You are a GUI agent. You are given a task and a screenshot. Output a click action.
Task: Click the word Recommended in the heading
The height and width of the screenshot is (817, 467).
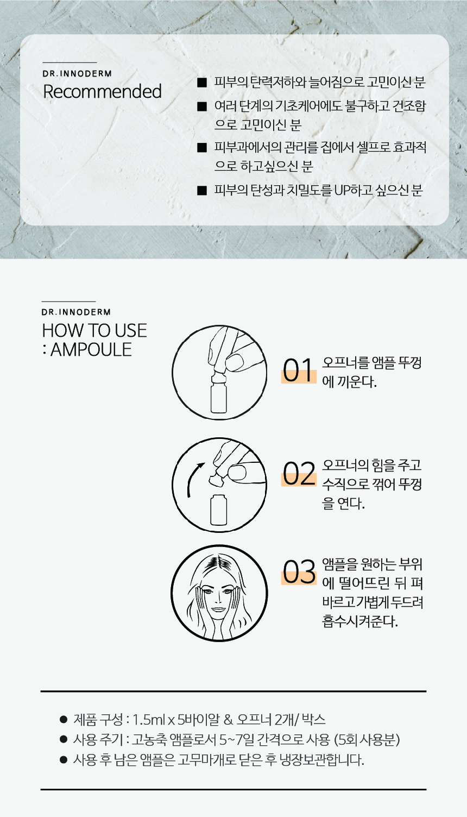[102, 91]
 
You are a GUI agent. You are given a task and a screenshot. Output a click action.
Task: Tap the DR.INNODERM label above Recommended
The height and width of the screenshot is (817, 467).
[77, 74]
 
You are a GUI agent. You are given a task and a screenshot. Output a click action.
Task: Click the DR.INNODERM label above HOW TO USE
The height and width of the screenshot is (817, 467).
[76, 312]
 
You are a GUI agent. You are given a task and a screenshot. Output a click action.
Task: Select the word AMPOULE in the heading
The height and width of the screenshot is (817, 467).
[91, 349]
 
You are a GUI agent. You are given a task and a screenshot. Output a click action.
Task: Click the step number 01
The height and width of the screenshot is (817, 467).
[298, 370]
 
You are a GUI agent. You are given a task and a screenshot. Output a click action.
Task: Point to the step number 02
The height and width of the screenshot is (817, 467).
[299, 474]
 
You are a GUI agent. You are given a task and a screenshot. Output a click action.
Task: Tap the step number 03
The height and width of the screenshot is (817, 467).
[299, 572]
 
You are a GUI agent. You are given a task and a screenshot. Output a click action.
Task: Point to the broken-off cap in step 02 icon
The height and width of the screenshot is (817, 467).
[216, 481]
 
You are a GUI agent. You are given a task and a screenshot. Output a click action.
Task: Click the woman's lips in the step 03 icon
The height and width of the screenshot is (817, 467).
[219, 609]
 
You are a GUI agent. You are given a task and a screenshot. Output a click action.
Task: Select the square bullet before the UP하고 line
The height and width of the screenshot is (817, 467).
[201, 191]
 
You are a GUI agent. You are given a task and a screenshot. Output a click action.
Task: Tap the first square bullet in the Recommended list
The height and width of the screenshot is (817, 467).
[201, 83]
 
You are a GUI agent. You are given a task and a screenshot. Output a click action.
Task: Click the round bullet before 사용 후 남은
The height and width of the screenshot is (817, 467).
[64, 760]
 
